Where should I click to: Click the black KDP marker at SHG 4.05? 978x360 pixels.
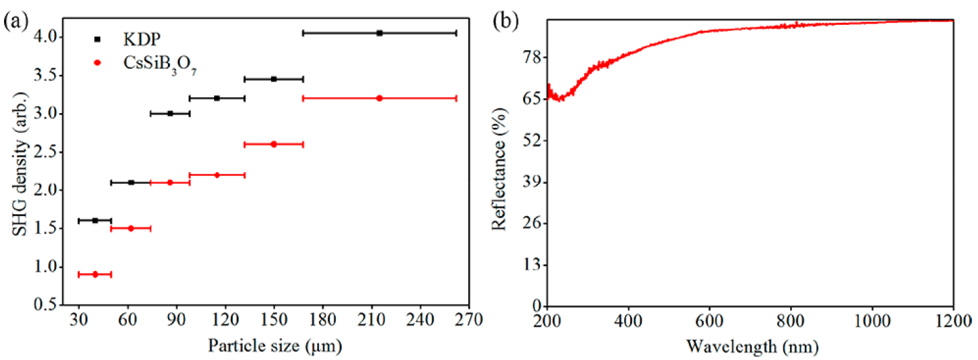click(x=379, y=33)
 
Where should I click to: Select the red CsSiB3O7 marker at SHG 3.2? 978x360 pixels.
click(x=379, y=98)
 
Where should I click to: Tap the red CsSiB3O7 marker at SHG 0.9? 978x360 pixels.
click(x=95, y=274)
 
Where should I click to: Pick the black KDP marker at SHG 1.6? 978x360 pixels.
click(x=95, y=220)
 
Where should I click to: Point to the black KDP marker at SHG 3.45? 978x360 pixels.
click(x=274, y=79)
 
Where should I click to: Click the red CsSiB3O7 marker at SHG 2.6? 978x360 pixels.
click(x=274, y=144)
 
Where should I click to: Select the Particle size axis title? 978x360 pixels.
click(x=274, y=346)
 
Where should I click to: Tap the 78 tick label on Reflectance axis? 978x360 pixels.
click(x=531, y=58)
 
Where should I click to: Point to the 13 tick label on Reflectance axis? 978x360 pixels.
click(x=531, y=265)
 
